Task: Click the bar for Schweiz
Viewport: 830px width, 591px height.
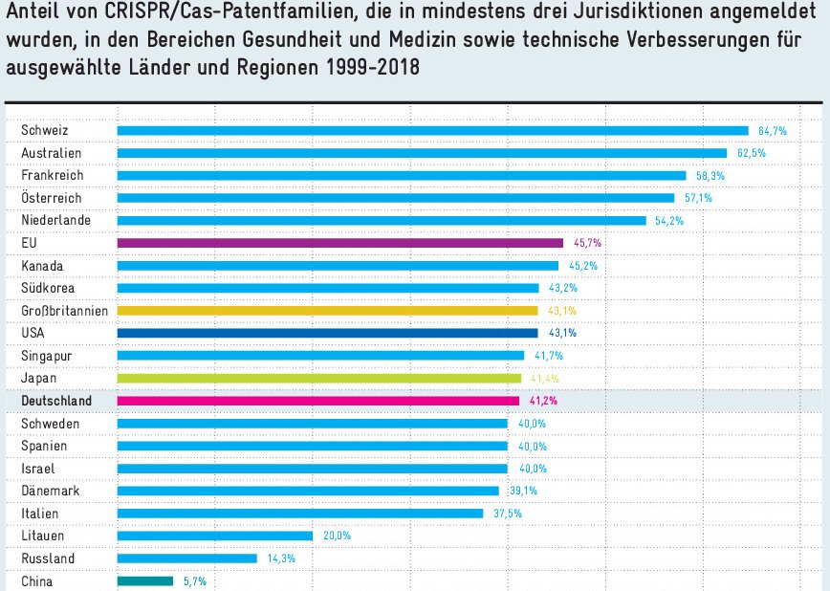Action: coord(432,130)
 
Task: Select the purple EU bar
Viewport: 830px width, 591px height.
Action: coord(339,243)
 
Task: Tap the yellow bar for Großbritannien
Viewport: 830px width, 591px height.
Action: coord(327,311)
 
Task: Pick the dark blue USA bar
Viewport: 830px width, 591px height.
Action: coord(327,333)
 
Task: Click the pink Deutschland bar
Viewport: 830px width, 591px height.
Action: coord(317,401)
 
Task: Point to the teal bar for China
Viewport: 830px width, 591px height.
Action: coord(145,580)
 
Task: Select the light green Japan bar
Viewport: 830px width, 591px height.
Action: coord(318,378)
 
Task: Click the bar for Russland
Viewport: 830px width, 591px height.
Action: coord(186,558)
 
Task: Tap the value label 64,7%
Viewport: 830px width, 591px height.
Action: coord(772,130)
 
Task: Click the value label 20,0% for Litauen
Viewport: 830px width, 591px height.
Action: coord(337,536)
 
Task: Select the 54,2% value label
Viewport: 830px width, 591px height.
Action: coord(669,221)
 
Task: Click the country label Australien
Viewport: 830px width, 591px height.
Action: coord(52,153)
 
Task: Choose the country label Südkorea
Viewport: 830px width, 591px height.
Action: coord(48,288)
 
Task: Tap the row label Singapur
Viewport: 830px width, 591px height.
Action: coord(47,356)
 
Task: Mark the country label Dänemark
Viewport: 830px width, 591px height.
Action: coord(50,491)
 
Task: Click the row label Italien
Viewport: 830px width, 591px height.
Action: coord(39,514)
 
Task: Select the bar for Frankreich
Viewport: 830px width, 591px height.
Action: coord(402,175)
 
